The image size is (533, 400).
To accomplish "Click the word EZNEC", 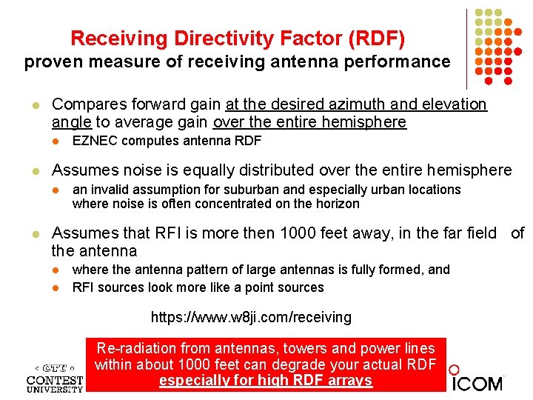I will (95, 141).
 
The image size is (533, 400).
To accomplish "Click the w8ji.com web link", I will (251, 318).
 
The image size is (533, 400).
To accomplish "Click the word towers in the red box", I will (274, 348).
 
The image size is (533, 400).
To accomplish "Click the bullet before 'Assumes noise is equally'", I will (27, 171).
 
